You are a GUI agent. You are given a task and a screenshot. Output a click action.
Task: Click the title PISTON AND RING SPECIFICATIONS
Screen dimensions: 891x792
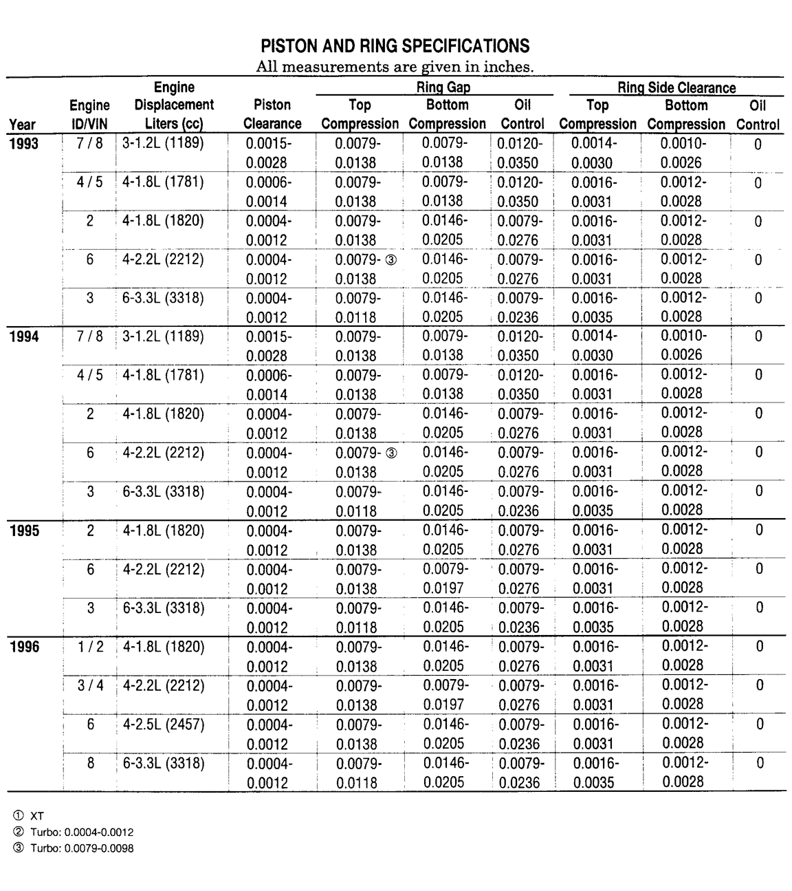[395, 46]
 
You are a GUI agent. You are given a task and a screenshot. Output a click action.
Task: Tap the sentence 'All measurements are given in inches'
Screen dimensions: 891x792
[395, 67]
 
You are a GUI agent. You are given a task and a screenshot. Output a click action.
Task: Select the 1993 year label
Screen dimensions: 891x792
[24, 144]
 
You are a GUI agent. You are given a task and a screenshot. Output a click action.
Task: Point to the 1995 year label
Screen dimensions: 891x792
[24, 530]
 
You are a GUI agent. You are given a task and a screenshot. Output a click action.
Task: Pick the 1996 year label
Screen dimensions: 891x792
[24, 647]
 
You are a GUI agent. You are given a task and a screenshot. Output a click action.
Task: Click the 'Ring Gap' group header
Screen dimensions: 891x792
[443, 87]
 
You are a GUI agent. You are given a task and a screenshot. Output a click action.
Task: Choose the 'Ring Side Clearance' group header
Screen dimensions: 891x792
[676, 87]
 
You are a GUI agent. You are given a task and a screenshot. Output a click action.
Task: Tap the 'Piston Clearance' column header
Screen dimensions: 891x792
[272, 114]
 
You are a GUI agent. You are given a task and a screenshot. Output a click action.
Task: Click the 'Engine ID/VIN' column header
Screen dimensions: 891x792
[89, 114]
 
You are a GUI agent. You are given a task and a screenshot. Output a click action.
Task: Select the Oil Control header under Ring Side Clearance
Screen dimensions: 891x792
[758, 115]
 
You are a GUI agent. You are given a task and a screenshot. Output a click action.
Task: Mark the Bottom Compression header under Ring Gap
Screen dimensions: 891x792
[447, 114]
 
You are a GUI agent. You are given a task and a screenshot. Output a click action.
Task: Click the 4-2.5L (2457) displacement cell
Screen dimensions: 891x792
[164, 724]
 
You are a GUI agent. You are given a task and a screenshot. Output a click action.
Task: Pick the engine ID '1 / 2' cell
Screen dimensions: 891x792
[90, 647]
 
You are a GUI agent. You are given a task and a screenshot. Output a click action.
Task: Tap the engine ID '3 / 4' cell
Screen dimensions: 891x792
[90, 685]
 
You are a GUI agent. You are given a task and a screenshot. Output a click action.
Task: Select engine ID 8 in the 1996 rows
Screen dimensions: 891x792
[90, 763]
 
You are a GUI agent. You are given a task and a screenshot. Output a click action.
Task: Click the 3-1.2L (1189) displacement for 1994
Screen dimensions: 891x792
[164, 336]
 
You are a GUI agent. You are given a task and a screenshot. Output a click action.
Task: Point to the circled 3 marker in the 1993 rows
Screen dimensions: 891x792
[391, 260]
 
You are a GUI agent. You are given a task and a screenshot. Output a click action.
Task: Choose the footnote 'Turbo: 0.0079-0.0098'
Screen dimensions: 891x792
[82, 848]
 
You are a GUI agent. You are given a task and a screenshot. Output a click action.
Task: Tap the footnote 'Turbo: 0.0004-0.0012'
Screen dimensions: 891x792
[82, 831]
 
